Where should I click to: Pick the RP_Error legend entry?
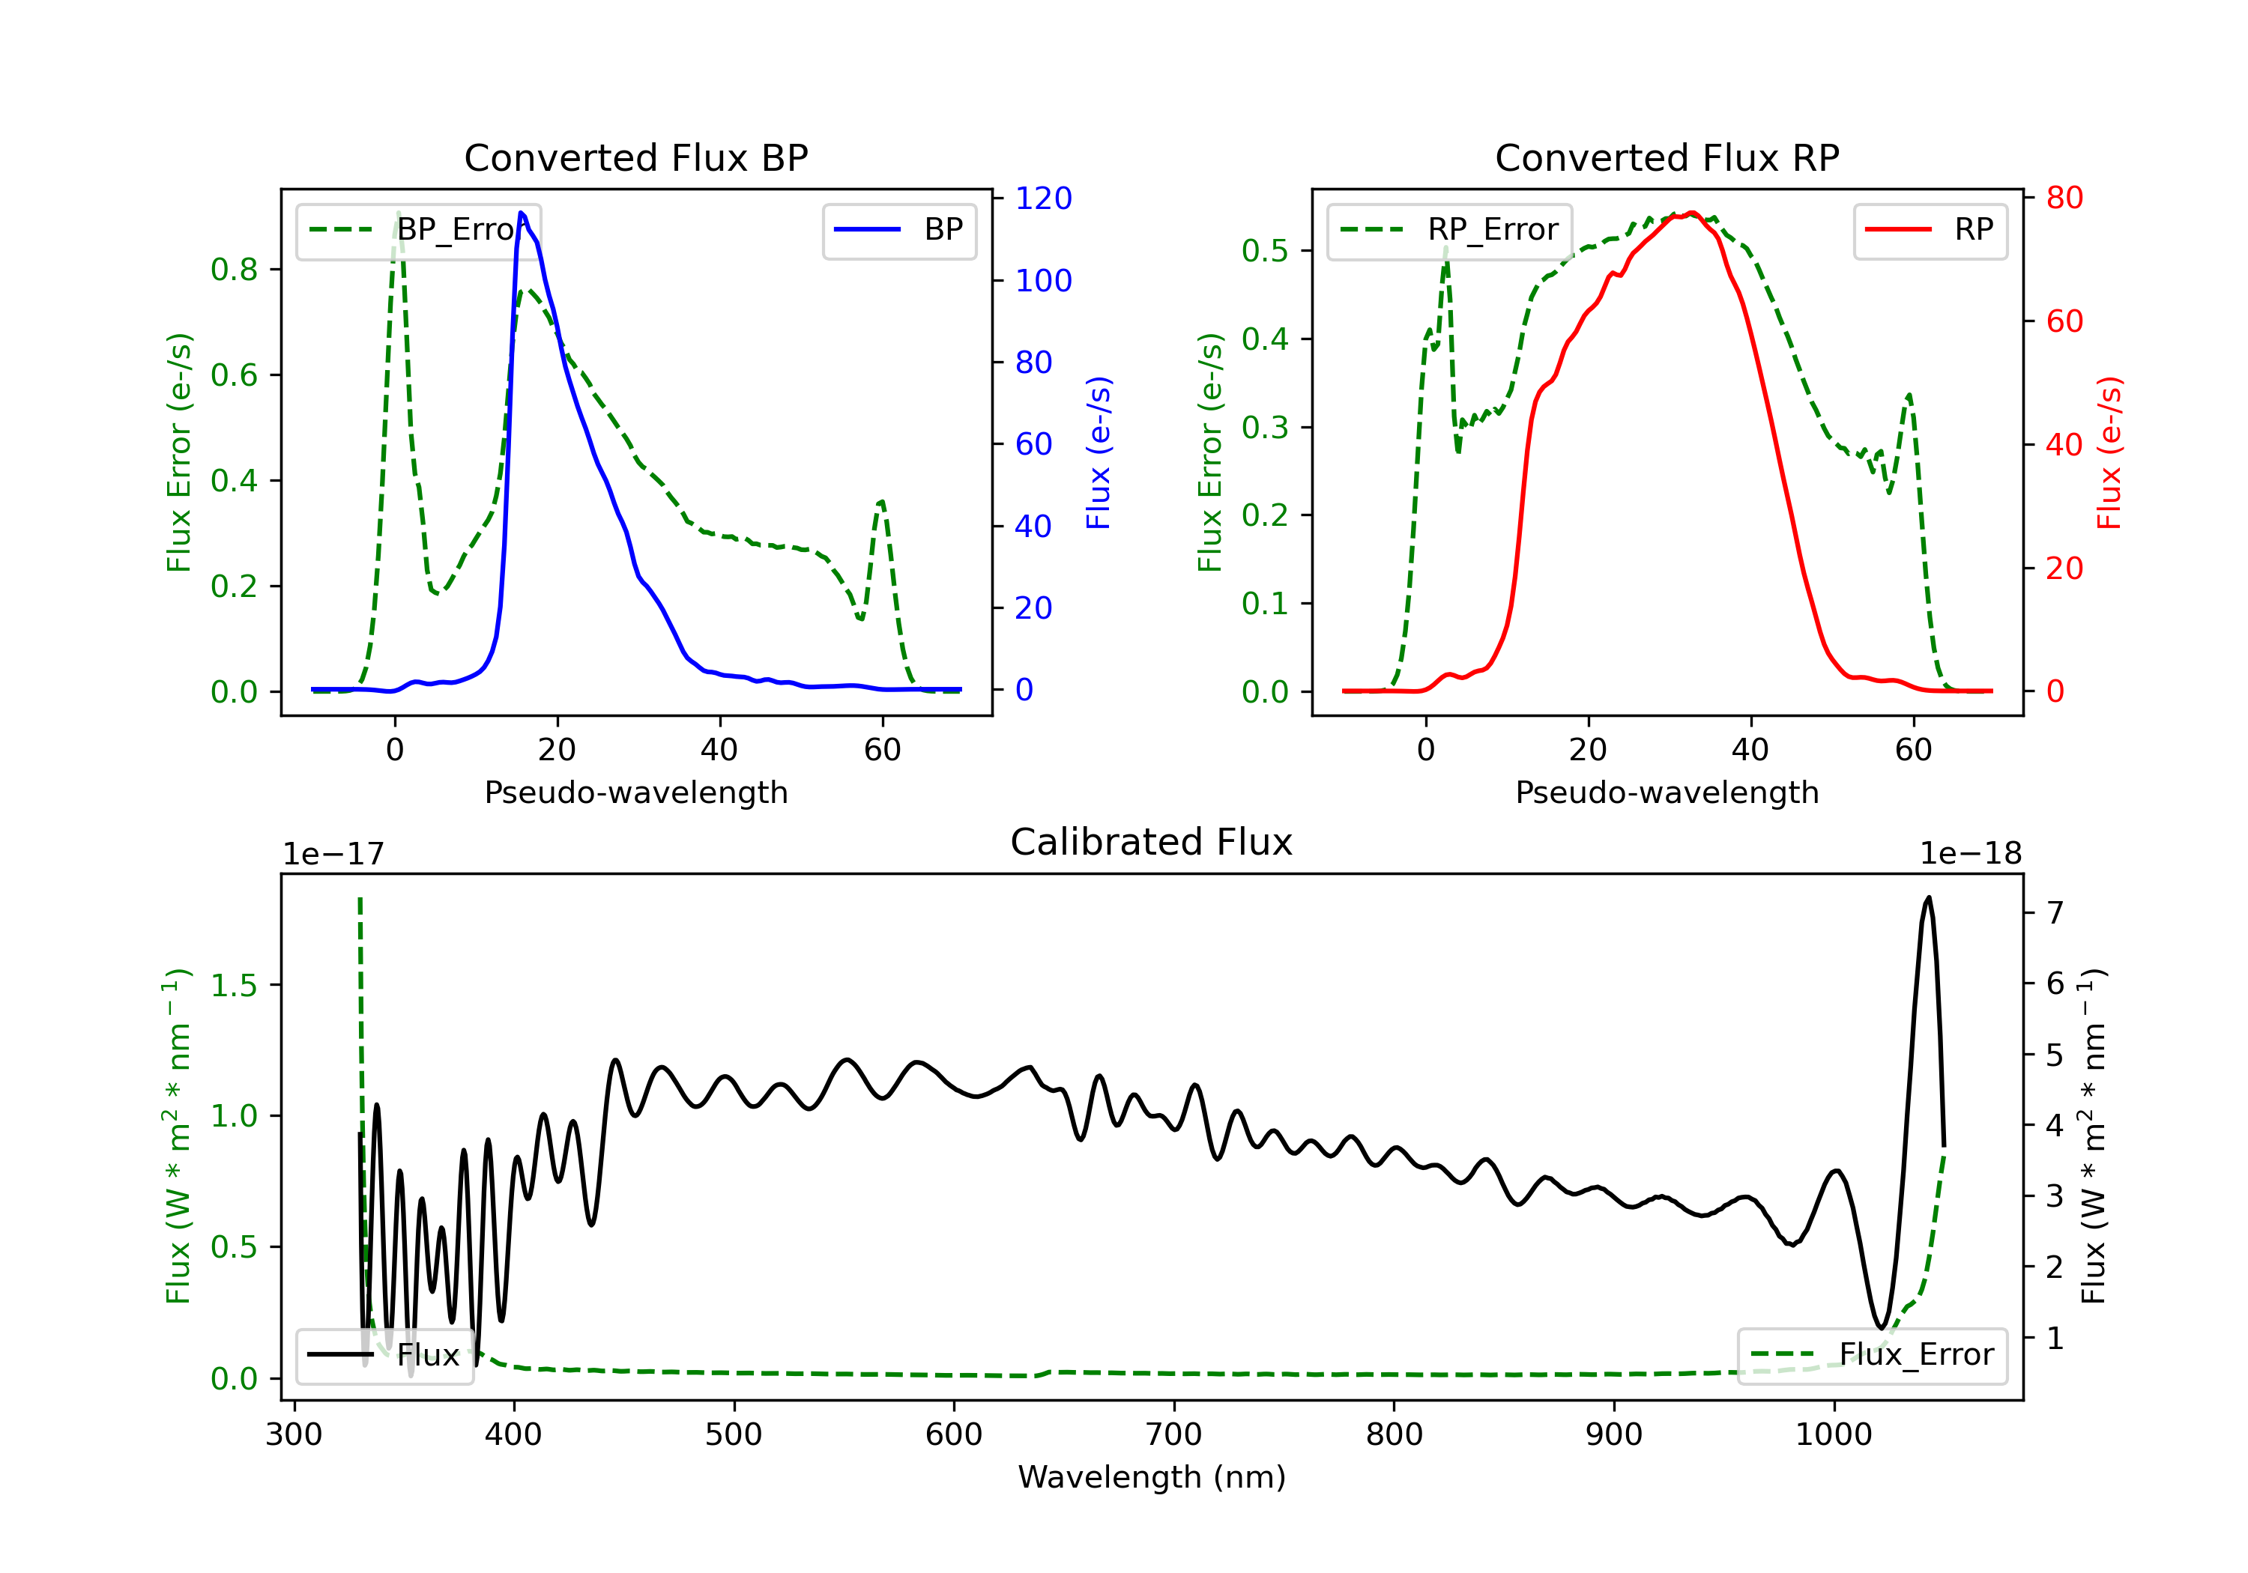point(1450,230)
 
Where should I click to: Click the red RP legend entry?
point(1930,230)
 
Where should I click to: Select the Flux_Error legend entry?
point(1872,1355)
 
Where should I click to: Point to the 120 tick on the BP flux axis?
point(1043,198)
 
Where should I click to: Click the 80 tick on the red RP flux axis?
point(2064,198)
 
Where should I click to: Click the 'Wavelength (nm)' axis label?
point(1152,1477)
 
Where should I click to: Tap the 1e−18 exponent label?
point(1970,855)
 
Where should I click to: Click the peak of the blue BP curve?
point(521,213)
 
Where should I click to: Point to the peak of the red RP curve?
point(1692,213)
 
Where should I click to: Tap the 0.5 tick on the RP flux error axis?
point(1264,251)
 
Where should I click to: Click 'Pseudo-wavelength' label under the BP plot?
point(635,792)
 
